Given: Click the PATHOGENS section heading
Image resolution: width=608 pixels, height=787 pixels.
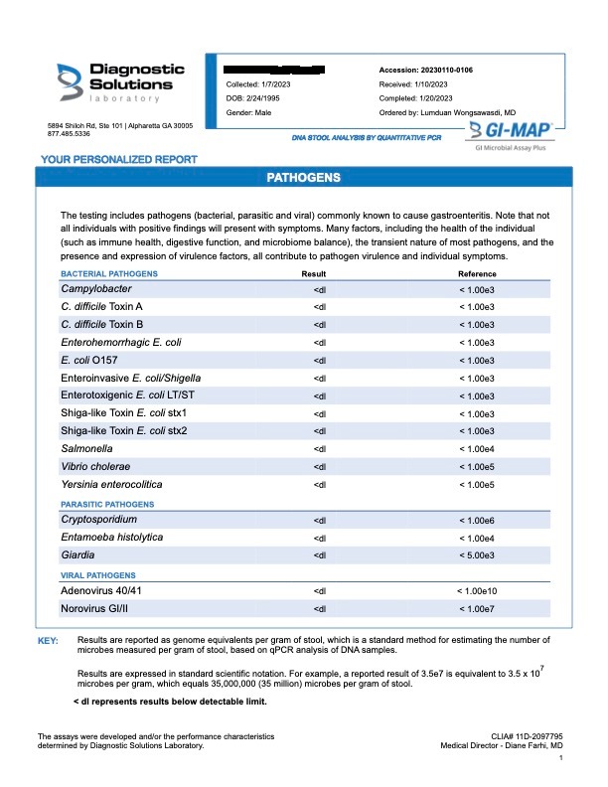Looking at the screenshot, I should (x=304, y=177).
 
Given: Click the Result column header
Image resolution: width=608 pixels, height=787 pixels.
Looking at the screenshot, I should (x=314, y=272).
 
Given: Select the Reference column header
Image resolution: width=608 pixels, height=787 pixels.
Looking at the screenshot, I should (x=477, y=272).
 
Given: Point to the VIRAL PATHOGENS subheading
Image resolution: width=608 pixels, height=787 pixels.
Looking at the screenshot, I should (x=97, y=575).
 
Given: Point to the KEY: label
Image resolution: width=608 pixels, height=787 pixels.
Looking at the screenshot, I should (x=49, y=641).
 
